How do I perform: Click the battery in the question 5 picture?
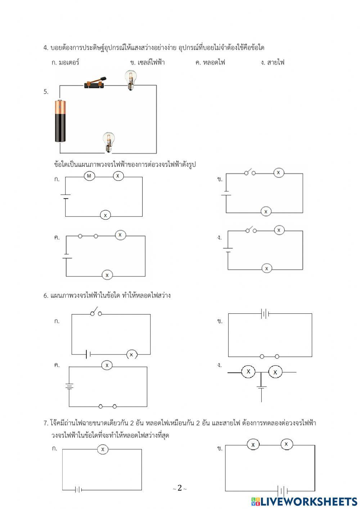point(60,121)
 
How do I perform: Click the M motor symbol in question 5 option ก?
point(89,176)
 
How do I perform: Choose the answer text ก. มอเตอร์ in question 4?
point(65,62)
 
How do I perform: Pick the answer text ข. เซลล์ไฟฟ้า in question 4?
point(147,62)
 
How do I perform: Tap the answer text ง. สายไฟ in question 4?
point(273,62)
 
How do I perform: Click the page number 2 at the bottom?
point(180,488)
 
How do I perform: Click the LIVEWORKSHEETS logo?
point(304,501)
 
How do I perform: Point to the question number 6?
point(46,296)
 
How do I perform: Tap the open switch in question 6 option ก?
point(96,312)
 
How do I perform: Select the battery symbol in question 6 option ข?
point(265,314)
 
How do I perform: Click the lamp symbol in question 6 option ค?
point(107,365)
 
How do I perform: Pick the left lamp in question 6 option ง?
point(248,372)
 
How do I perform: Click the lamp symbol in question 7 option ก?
point(103,449)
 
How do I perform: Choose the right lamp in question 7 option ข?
point(287,445)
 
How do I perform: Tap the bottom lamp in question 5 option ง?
point(266,268)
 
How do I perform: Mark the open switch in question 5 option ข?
point(250,172)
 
